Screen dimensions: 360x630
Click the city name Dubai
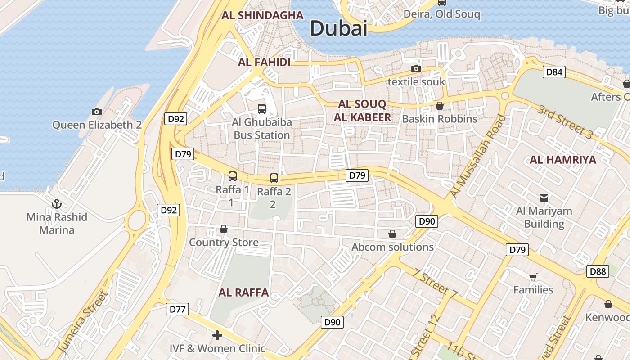pos(338,28)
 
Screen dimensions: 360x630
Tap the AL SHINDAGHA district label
pos(262,15)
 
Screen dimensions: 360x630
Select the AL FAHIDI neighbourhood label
pos(264,62)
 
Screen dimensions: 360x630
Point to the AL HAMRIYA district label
pos(562,160)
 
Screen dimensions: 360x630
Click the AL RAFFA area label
pos(243,292)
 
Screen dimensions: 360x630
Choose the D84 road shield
pos(553,72)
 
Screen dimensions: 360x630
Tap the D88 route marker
pos(598,271)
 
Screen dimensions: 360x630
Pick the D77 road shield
pos(177,309)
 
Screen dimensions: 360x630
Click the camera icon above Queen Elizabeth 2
pos(96,112)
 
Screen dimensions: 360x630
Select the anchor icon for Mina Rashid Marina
pos(57,204)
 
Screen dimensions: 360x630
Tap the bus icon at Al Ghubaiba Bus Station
pos(261,108)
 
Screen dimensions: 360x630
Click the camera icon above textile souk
pos(416,69)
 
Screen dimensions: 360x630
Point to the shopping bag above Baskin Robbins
pos(439,106)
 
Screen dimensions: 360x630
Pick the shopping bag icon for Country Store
pos(223,229)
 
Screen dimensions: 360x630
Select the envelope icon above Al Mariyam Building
pos(544,198)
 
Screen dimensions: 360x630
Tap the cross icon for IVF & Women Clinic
pos(217,335)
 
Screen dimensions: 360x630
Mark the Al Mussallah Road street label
pos(478,157)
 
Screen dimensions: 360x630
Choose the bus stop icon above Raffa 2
pos(274,178)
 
